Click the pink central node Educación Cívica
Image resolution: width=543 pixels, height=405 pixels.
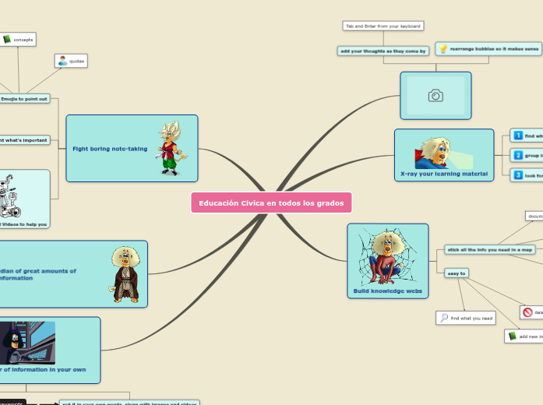[x=270, y=203]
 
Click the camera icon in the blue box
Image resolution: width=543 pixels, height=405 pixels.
[x=435, y=96]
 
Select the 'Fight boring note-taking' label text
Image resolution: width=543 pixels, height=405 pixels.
[x=110, y=148]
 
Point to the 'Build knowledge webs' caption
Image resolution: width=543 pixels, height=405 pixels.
[x=387, y=291]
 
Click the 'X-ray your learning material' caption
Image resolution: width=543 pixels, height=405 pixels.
[x=443, y=174]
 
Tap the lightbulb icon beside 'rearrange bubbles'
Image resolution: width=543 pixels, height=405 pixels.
[x=443, y=49]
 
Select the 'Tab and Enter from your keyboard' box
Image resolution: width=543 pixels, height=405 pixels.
[x=383, y=26]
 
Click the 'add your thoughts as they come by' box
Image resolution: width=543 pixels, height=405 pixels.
[x=383, y=51]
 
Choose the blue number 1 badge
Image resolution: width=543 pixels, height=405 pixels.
[x=518, y=136]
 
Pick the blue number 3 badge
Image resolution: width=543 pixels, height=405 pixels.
[x=518, y=175]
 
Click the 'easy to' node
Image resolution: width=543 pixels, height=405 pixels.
[x=456, y=273]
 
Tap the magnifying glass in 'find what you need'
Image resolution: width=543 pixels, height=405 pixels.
[x=444, y=318]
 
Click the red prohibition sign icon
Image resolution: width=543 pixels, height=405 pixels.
[x=527, y=312]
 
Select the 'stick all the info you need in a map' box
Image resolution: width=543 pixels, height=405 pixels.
[x=490, y=249]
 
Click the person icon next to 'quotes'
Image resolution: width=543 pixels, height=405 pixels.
[x=62, y=60]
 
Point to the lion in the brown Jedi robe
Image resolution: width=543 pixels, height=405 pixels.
[x=125, y=274]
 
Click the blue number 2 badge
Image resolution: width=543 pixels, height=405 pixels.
[x=518, y=156]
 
